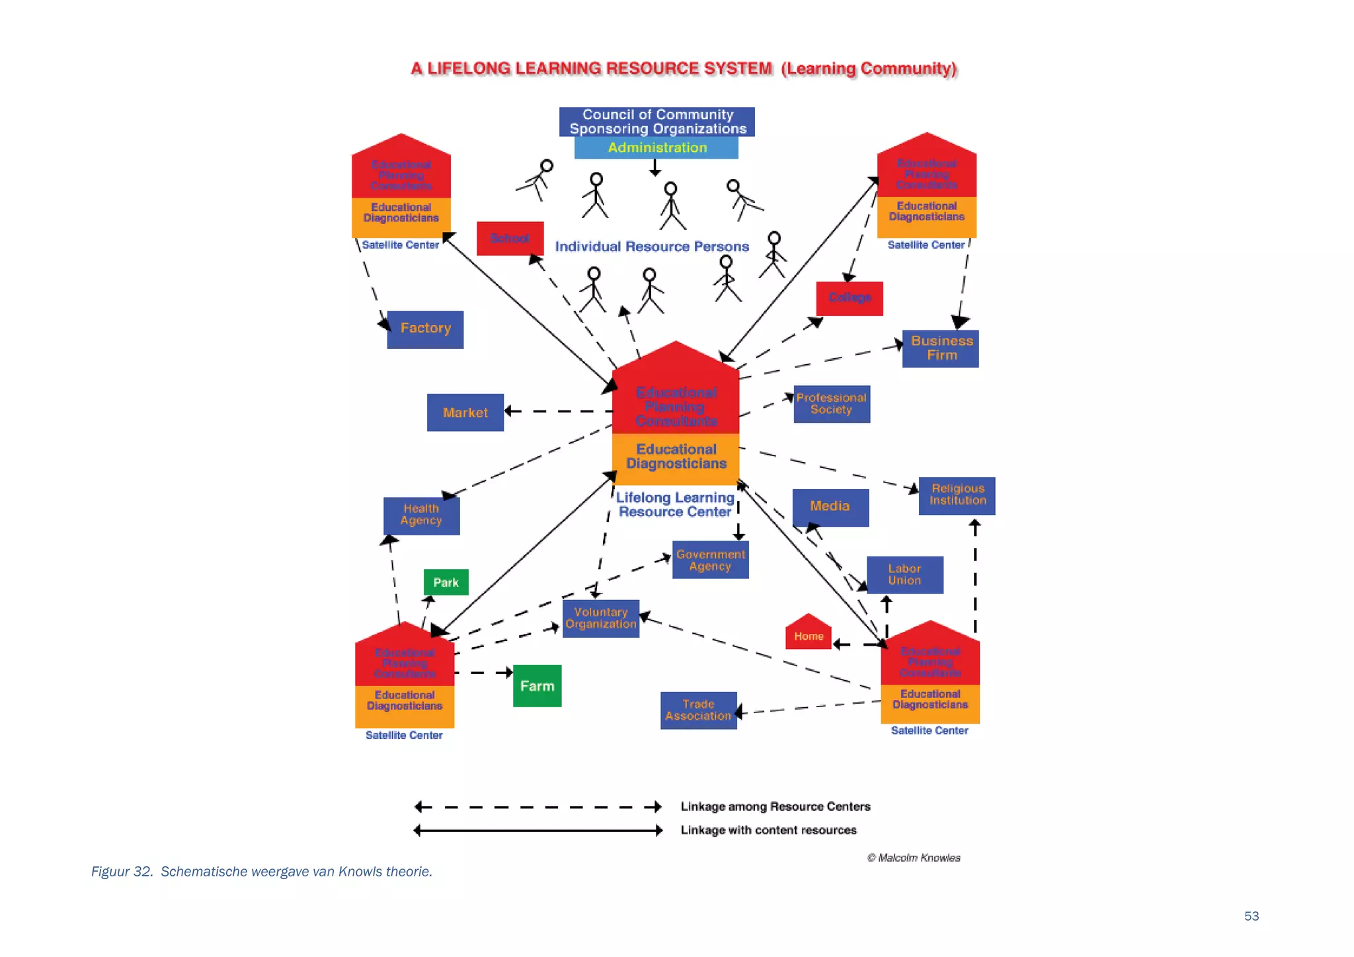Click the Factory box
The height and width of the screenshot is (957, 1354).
[425, 329]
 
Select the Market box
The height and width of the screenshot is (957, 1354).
[465, 412]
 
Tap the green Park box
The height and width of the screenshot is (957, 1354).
[446, 582]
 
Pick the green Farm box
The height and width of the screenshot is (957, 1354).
[537, 686]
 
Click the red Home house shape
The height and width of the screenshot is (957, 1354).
[808, 634]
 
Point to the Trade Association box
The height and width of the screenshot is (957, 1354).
[698, 710]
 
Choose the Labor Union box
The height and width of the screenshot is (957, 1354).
[904, 575]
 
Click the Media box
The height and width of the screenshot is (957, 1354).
[830, 507]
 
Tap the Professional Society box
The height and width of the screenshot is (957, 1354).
[831, 404]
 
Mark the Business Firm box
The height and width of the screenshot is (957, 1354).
[940, 348]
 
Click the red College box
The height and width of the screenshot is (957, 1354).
[850, 298]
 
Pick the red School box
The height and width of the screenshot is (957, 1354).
[510, 239]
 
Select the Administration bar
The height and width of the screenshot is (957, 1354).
[657, 148]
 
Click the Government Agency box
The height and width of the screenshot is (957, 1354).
[710, 560]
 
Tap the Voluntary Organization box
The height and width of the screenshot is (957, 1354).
[600, 618]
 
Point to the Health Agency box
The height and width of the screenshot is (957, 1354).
[421, 516]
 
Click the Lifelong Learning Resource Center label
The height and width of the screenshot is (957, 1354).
[675, 505]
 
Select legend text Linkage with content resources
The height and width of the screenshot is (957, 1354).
[768, 830]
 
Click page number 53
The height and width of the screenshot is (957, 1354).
[1251, 916]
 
